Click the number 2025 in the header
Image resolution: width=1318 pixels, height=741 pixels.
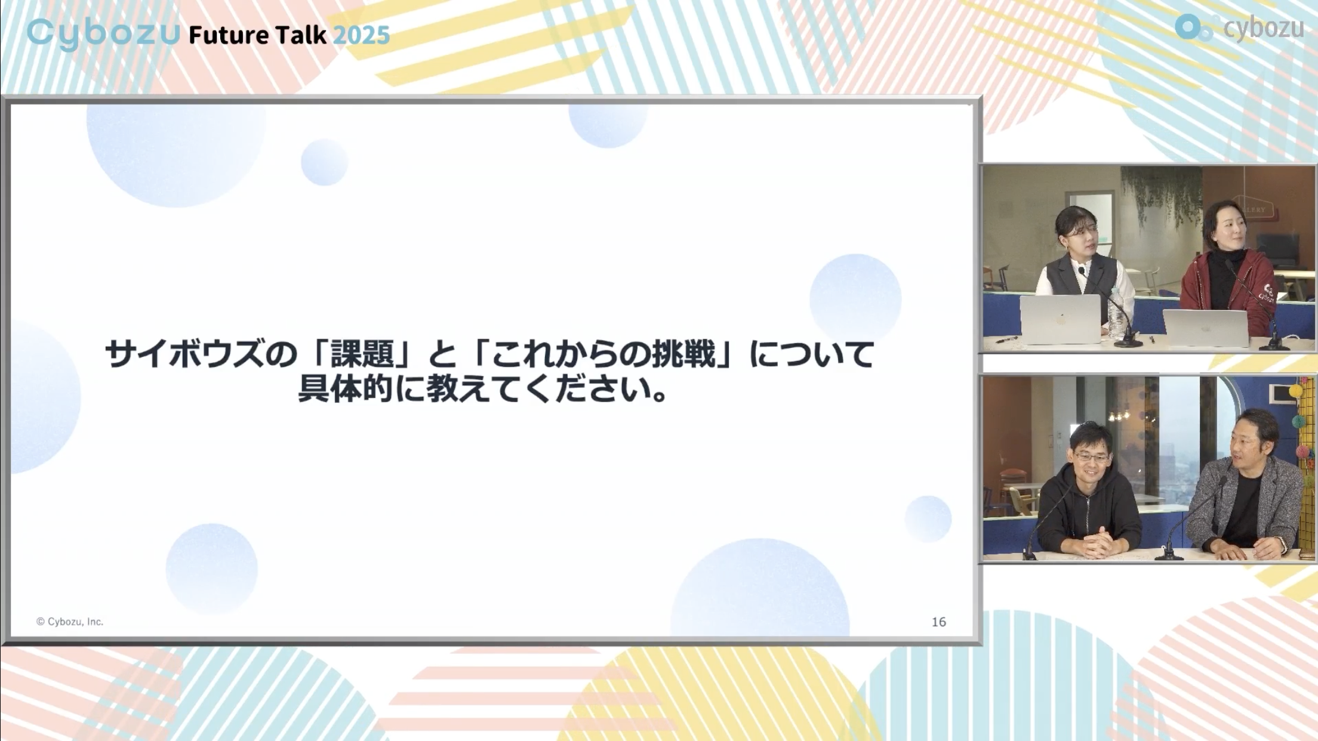361,35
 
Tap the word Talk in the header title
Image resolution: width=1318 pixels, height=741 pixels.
301,35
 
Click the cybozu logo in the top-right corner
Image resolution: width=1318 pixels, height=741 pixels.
1239,27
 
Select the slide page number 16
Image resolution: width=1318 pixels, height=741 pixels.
939,622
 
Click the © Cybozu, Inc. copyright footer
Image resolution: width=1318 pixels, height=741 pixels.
70,622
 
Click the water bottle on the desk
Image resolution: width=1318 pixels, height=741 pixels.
1114,314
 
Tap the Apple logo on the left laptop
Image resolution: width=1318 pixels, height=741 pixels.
1061,319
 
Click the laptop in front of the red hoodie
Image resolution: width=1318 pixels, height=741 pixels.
1206,328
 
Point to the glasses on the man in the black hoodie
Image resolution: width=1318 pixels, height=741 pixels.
1092,457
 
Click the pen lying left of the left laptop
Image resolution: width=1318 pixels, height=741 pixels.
1006,340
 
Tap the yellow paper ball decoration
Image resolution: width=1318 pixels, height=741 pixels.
1296,391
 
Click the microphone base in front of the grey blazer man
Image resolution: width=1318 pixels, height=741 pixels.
1169,555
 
